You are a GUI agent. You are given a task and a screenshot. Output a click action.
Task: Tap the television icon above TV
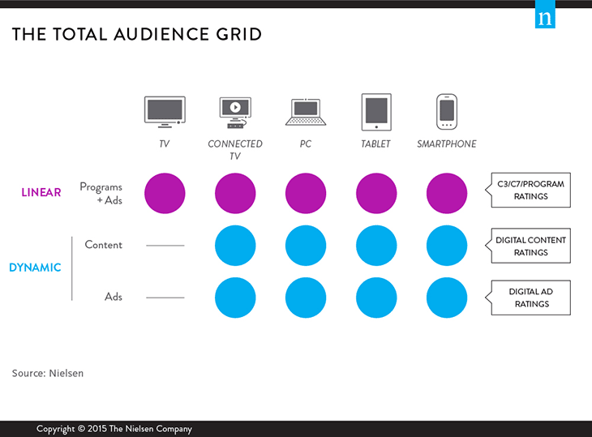click(165, 112)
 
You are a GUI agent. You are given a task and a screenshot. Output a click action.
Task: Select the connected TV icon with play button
click(235, 112)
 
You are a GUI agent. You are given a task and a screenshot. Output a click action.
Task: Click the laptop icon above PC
click(306, 113)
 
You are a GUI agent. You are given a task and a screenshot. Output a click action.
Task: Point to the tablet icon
click(376, 112)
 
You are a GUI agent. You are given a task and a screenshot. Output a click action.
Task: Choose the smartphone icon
click(446, 112)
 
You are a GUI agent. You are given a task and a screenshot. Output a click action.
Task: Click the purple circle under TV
click(165, 194)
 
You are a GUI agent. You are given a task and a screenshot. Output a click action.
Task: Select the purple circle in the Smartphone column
click(447, 194)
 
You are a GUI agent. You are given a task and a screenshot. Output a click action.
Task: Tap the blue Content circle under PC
click(306, 246)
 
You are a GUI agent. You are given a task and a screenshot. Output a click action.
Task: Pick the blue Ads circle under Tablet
click(376, 297)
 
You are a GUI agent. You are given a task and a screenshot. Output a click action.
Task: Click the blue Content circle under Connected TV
click(235, 246)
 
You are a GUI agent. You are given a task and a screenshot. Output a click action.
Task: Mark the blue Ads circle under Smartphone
click(447, 297)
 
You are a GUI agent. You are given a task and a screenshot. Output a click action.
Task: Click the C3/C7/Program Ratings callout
click(530, 191)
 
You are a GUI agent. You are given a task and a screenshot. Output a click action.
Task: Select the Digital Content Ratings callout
click(530, 246)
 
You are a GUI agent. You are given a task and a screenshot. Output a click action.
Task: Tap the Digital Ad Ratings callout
click(530, 298)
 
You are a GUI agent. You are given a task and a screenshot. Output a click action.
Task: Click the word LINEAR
click(41, 193)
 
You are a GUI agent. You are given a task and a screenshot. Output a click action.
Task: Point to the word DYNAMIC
click(36, 268)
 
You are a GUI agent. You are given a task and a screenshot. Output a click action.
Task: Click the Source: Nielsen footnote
click(48, 373)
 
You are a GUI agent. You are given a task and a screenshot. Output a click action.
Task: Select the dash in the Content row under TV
click(165, 246)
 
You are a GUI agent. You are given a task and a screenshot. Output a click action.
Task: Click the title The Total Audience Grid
click(136, 35)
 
